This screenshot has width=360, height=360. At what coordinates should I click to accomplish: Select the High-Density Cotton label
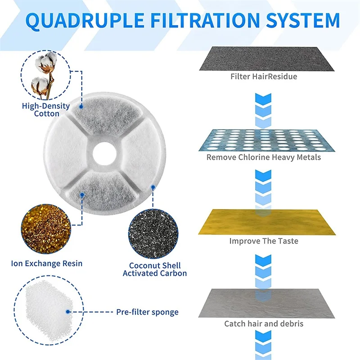(46, 110)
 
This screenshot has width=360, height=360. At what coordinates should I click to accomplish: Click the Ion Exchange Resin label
(47, 263)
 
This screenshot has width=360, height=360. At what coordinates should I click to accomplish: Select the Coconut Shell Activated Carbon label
(155, 269)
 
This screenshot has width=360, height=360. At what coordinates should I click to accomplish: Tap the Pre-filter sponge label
(147, 312)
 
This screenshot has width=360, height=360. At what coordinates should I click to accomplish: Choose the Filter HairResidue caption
(264, 76)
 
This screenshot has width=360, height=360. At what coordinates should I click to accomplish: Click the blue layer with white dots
(263, 140)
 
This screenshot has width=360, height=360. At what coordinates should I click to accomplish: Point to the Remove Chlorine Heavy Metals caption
(264, 157)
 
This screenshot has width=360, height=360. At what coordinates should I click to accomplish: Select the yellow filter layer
(263, 222)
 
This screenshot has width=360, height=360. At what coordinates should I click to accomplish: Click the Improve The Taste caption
(264, 241)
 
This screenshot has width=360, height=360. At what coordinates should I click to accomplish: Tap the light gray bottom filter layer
(263, 303)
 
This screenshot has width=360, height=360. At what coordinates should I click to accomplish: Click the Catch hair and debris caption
(264, 323)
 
